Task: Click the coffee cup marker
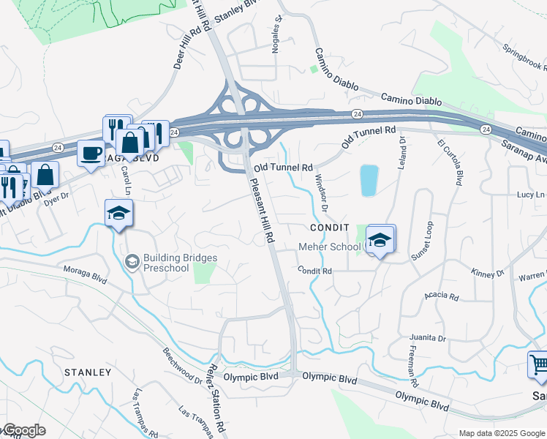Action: click(91, 154)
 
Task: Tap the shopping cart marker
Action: click(538, 364)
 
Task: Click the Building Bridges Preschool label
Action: click(180, 263)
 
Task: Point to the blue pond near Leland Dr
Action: click(369, 180)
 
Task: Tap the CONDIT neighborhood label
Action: click(329, 228)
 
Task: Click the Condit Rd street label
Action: click(315, 271)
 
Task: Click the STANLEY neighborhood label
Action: click(88, 372)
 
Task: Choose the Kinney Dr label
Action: click(488, 274)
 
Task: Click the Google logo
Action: click(23, 430)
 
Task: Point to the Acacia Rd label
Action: click(442, 297)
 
